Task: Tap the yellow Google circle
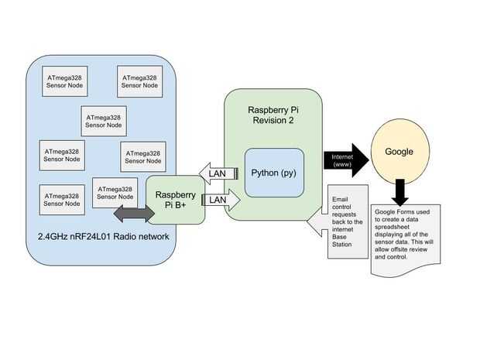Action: pyautogui.click(x=399, y=153)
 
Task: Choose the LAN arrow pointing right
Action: pyautogui.click(x=220, y=200)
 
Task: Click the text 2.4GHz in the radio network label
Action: pyautogui.click(x=55, y=235)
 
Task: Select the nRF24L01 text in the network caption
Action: pyautogui.click(x=101, y=235)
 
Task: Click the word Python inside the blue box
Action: pyautogui.click(x=266, y=172)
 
